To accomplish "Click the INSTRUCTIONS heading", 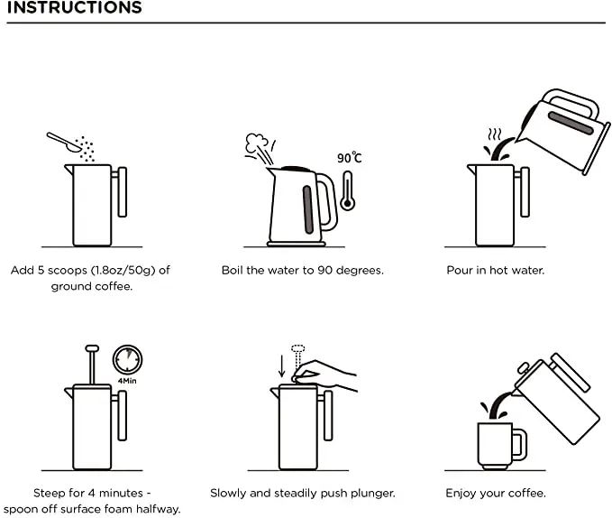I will point(72,9).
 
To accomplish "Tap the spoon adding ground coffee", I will point(61,140).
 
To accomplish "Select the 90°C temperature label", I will point(350,158).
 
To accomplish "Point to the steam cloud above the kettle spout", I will point(258,144).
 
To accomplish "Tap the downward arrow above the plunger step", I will point(281,365).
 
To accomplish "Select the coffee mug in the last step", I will point(495,444).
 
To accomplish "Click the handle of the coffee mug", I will point(518,444).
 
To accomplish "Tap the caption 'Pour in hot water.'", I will point(495,270).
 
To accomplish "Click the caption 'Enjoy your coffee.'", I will point(495,494).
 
